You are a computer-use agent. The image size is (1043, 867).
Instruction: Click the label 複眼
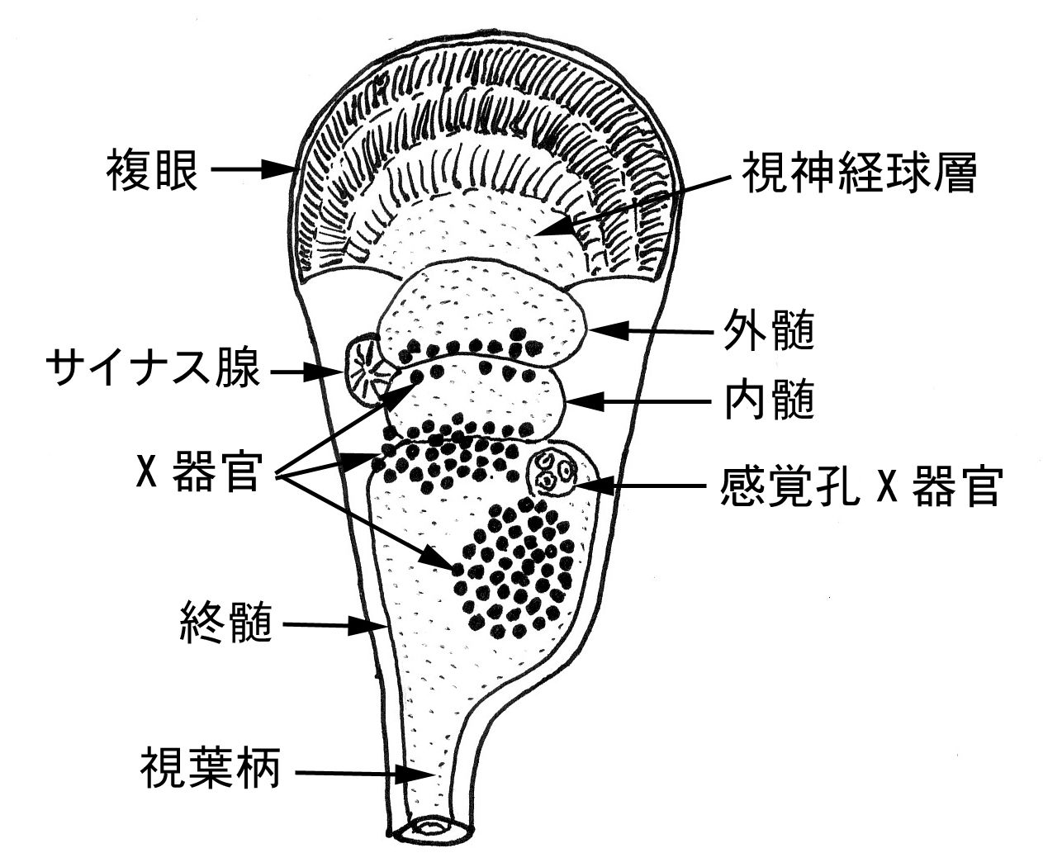pos(152,172)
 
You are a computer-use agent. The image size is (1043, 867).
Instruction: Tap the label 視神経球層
pos(859,174)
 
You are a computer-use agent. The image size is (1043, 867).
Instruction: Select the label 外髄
pos(769,332)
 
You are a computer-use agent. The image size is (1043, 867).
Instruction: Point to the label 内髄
pos(769,402)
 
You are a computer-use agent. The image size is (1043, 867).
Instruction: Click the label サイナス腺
pos(154,370)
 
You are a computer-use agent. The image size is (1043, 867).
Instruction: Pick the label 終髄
pos(226,624)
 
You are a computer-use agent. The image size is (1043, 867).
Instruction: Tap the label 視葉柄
pos(211,769)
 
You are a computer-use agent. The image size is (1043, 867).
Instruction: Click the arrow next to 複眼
pos(252,171)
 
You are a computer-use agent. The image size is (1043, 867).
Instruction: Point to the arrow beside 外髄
pos(652,332)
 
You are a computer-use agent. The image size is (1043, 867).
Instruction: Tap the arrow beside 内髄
pos(640,402)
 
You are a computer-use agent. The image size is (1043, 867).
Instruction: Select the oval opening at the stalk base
pos(430,826)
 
